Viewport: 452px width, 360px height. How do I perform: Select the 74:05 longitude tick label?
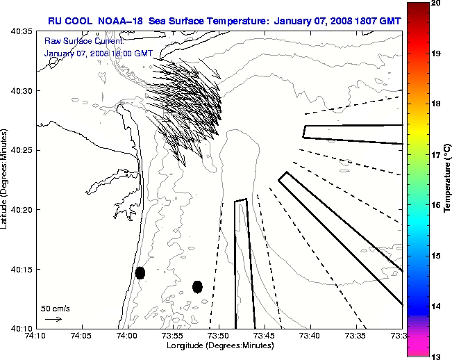[81, 336]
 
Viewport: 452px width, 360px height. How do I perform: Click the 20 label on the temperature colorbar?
[437, 3]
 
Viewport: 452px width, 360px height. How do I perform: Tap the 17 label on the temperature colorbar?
[437, 155]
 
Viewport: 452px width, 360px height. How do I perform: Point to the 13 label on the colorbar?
[437, 356]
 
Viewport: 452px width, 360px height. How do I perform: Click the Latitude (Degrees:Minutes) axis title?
[5, 179]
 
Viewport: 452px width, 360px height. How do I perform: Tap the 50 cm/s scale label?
[56, 308]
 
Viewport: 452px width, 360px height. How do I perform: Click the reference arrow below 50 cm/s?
[53, 319]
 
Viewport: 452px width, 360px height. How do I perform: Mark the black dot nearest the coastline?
[140, 272]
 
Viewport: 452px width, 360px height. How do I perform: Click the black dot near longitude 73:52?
[197, 286]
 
